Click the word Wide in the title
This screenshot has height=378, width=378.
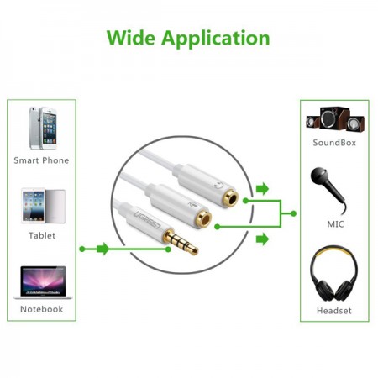(131, 38)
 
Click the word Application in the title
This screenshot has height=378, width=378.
(216, 39)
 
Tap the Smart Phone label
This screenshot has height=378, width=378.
(41, 160)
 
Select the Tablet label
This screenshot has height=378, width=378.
(42, 235)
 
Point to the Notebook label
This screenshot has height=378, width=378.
(42, 309)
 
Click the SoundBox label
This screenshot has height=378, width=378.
(334, 143)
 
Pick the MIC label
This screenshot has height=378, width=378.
(335, 224)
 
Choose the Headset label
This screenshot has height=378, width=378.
(334, 311)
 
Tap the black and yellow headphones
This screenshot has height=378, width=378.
(333, 274)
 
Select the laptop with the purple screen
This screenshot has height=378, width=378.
(43, 282)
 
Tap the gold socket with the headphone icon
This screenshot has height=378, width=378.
(230, 198)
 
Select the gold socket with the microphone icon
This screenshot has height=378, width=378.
(203, 218)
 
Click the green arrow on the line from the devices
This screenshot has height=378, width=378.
(102, 249)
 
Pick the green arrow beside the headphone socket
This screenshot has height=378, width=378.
(262, 189)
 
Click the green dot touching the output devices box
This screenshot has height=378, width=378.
(293, 213)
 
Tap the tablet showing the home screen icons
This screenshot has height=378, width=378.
(34, 206)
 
